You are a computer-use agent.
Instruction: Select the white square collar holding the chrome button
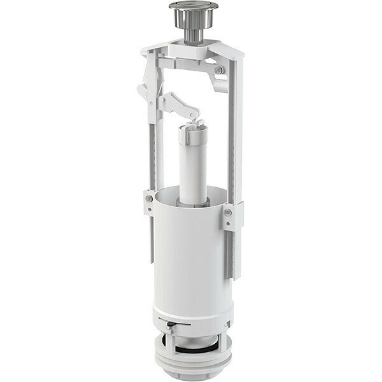click(x=191, y=43)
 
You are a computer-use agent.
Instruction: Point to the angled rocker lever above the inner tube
click(x=178, y=104)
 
